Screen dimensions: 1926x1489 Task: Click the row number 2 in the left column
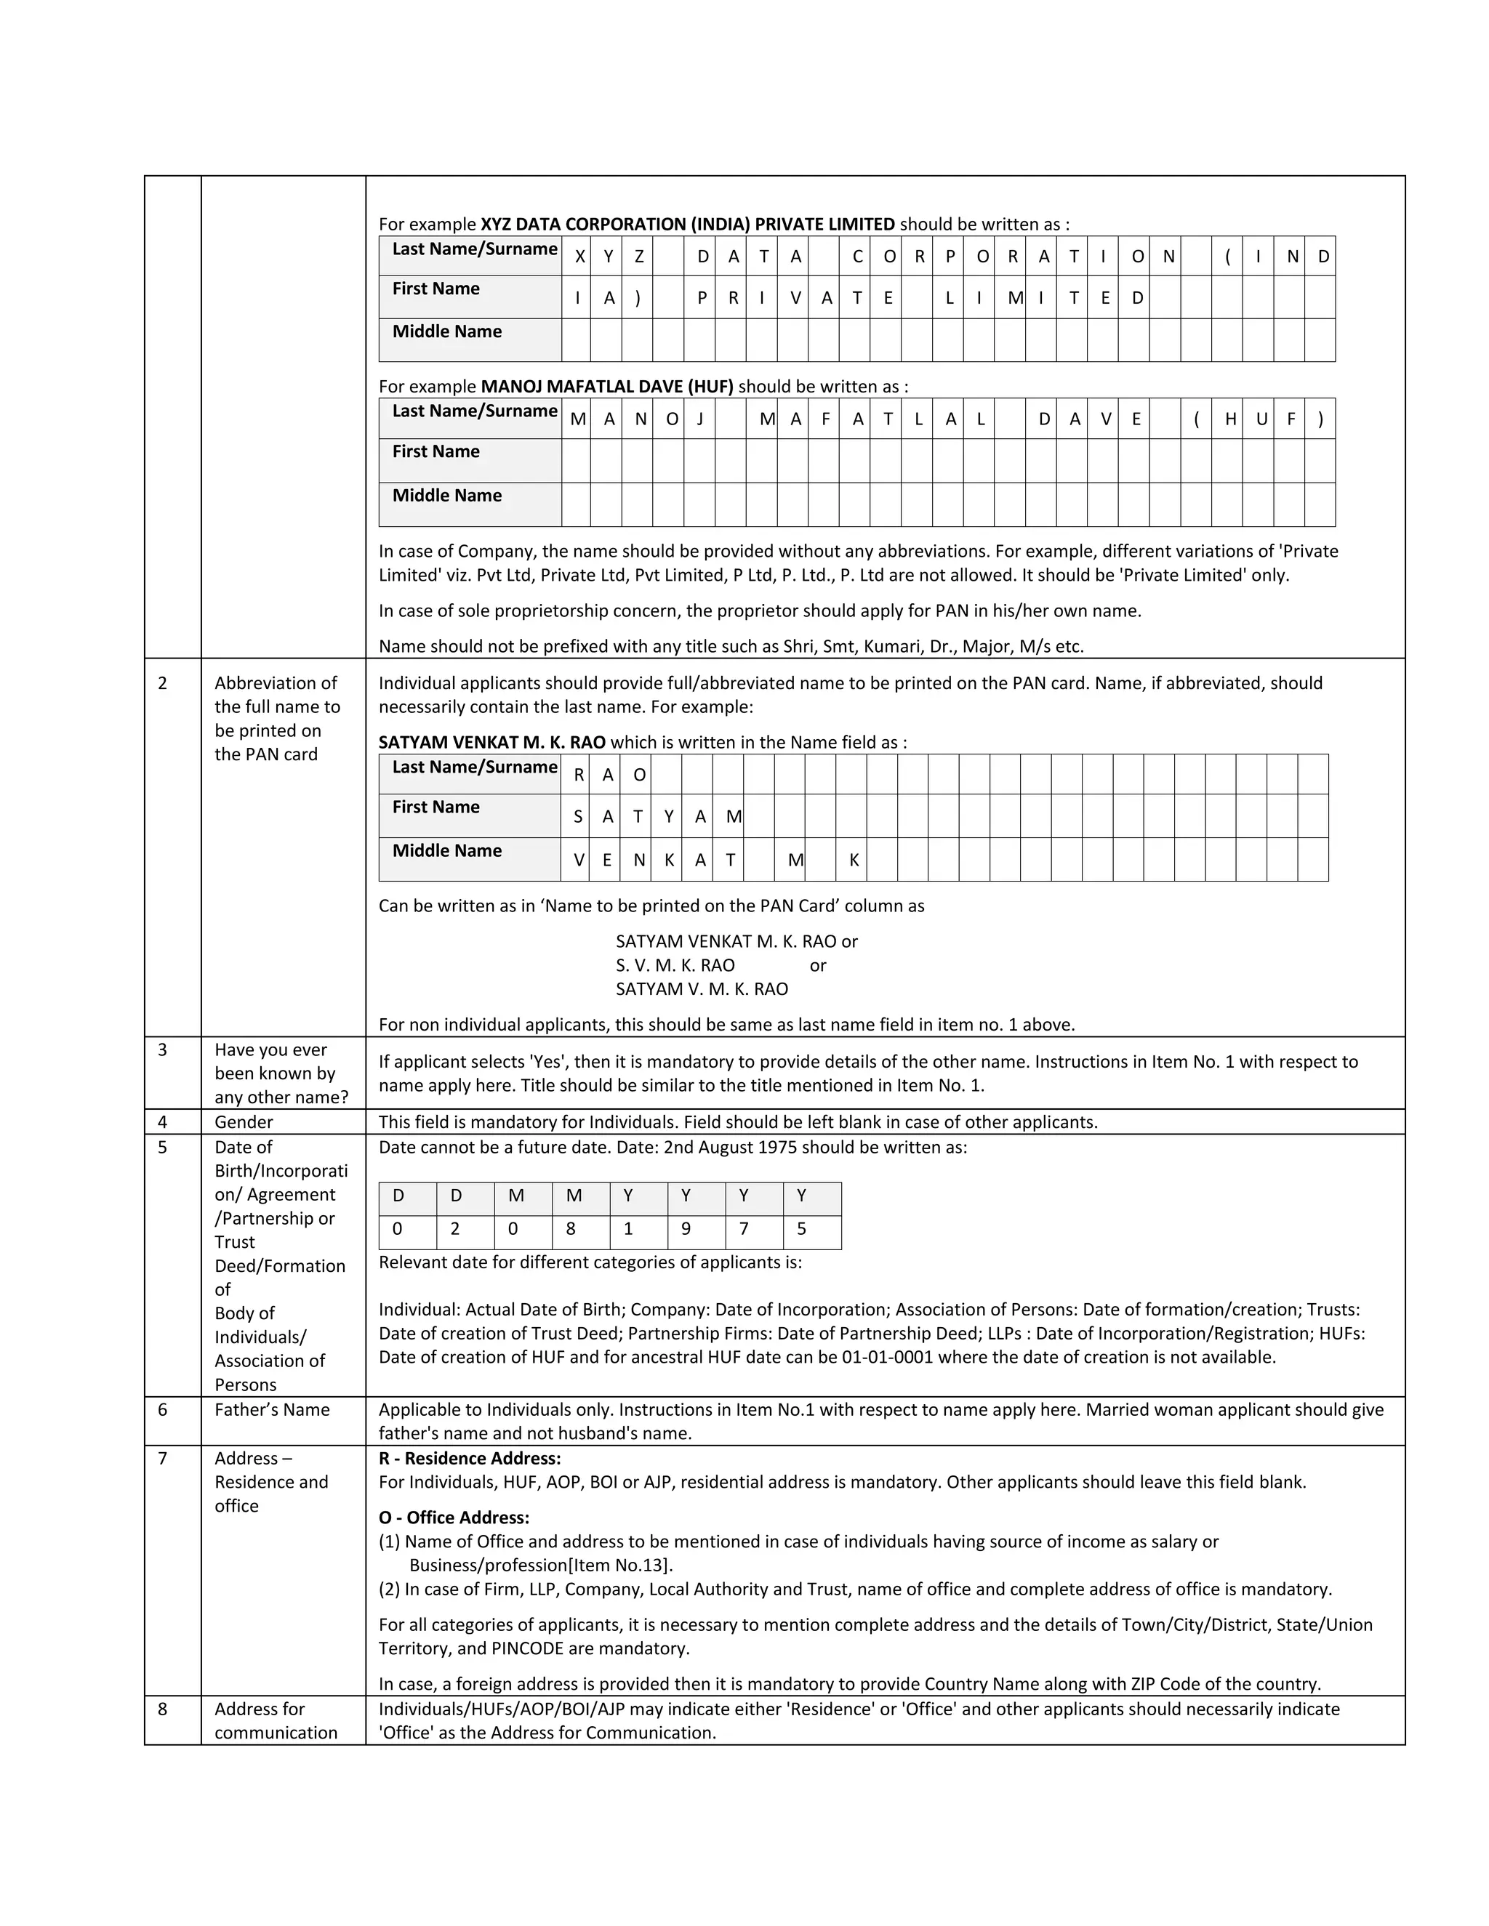point(162,683)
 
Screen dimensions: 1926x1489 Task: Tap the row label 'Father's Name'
point(272,1409)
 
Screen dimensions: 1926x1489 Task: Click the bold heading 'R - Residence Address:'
point(469,1458)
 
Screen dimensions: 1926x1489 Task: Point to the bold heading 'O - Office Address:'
point(454,1518)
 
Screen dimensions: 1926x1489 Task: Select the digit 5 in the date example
point(801,1229)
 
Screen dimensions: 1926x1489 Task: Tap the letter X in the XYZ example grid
point(579,257)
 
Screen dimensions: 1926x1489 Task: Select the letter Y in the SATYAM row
point(669,818)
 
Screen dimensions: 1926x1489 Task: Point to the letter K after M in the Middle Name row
point(854,860)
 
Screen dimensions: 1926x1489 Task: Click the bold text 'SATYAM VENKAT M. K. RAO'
point(491,743)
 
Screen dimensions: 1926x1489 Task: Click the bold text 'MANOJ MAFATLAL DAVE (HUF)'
point(607,386)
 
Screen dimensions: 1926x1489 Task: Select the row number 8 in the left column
point(162,1709)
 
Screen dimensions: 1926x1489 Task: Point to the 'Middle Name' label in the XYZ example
point(446,331)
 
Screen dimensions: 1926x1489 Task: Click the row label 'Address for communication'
point(276,1720)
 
